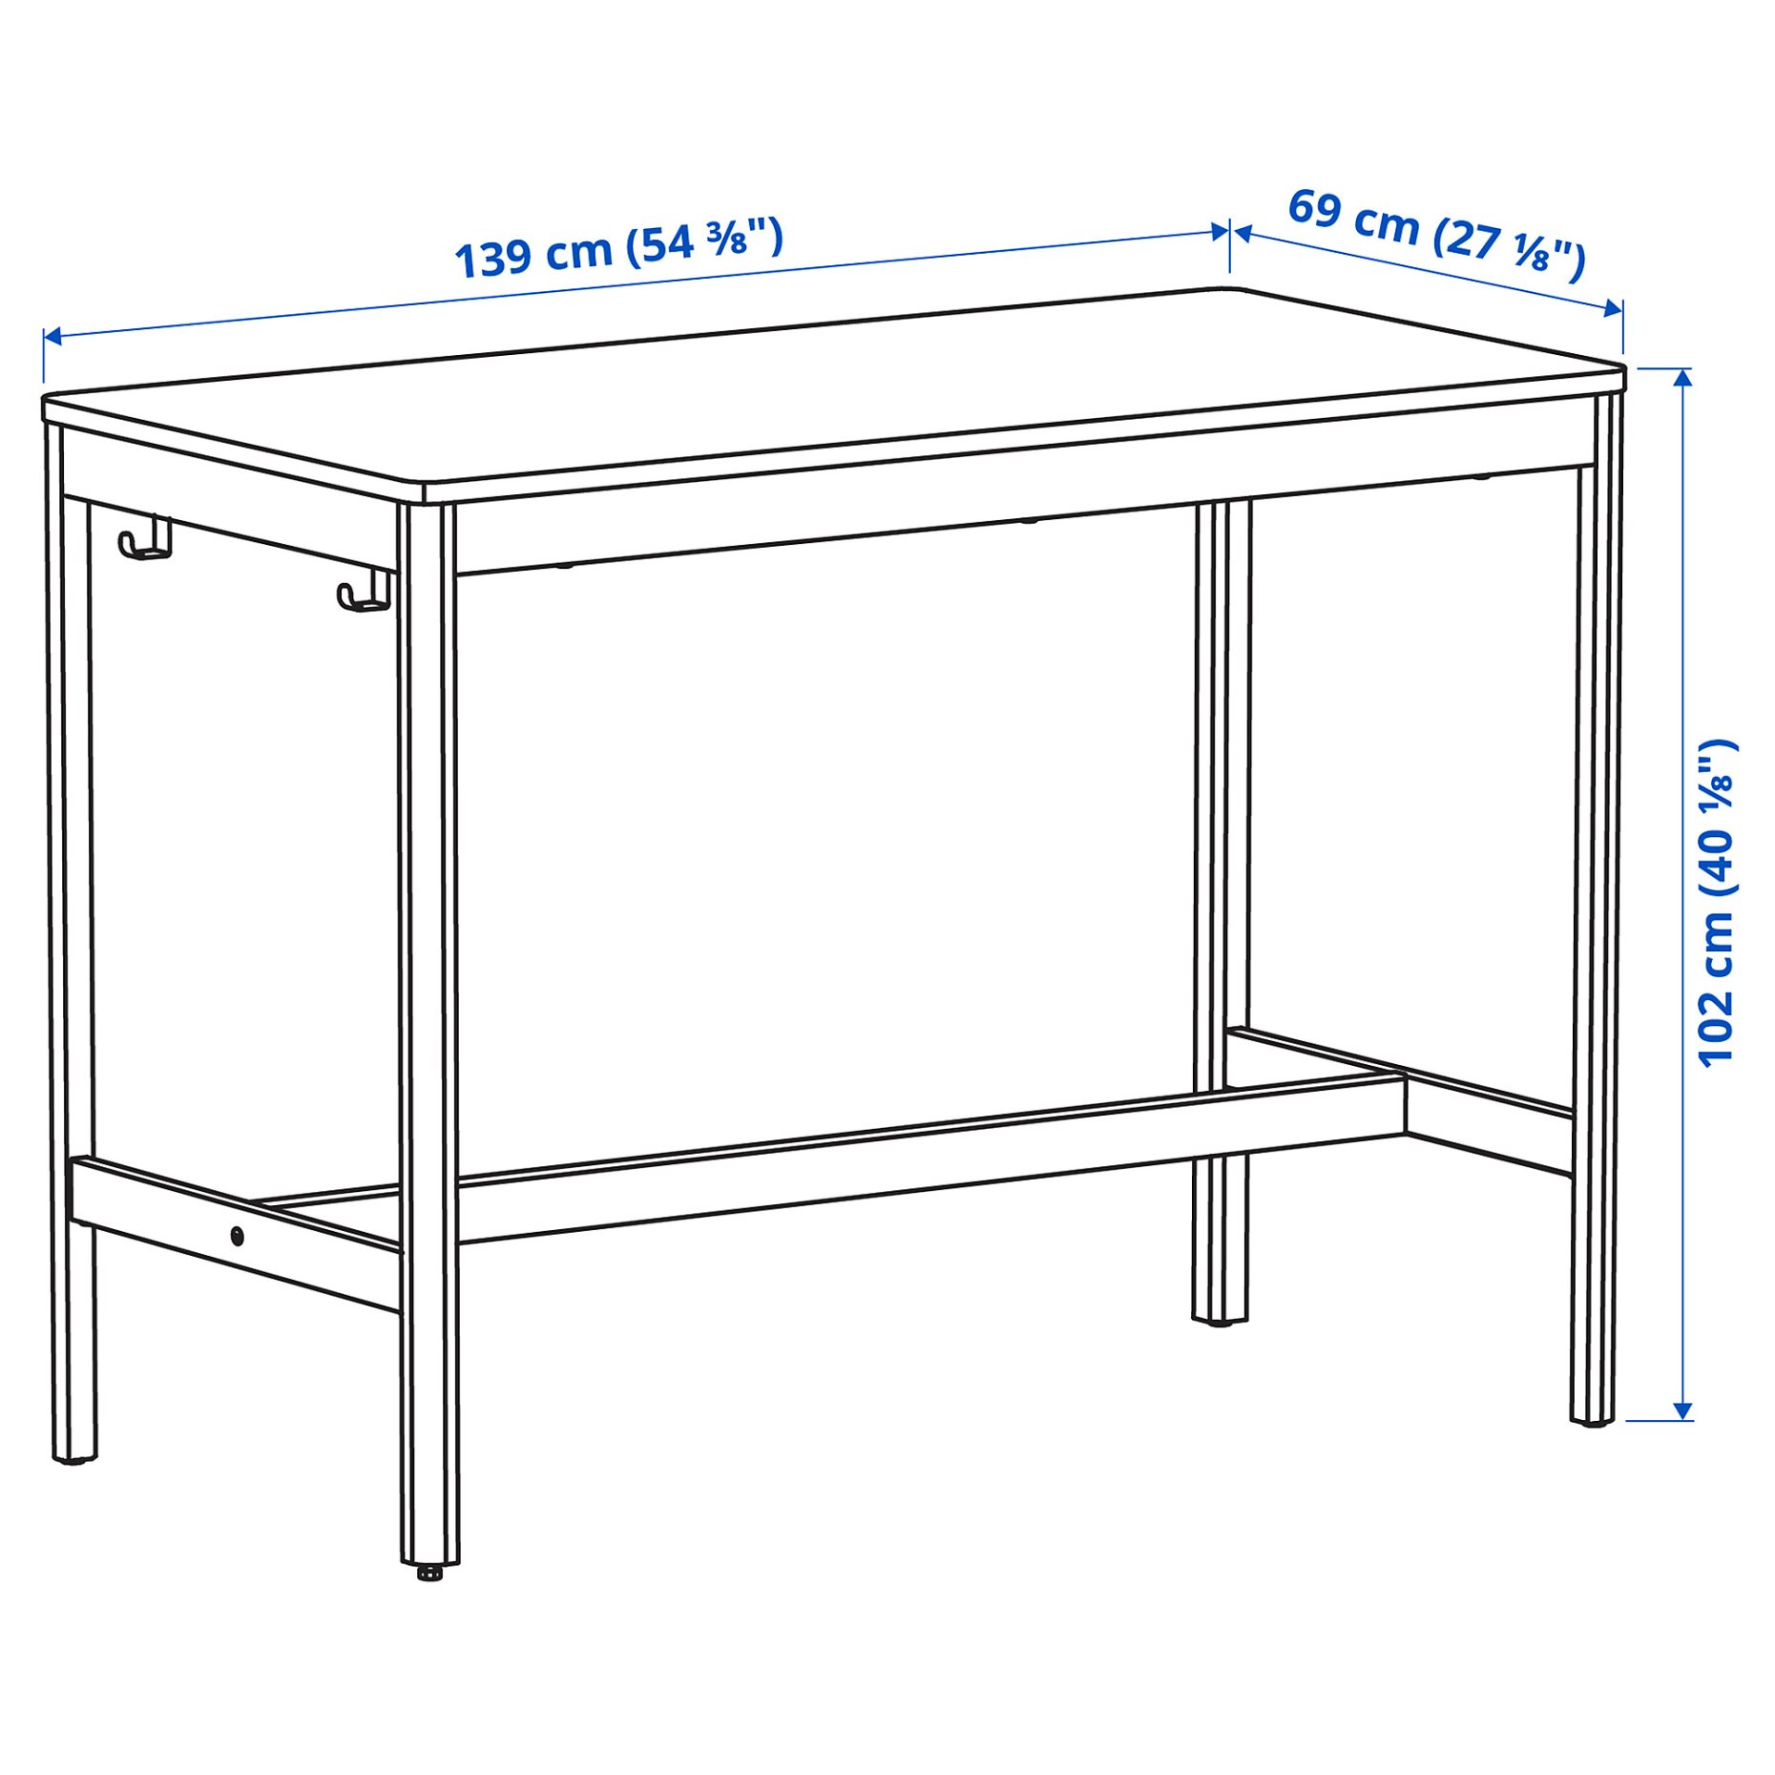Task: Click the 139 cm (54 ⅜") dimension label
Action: coord(618,248)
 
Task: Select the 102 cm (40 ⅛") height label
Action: coord(1716,902)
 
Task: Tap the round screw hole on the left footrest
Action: coord(237,1237)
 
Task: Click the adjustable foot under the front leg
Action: coord(429,1571)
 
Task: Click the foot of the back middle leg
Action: coord(1219,1322)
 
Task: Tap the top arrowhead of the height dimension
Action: coord(1683,376)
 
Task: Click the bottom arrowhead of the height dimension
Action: coord(1683,1411)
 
